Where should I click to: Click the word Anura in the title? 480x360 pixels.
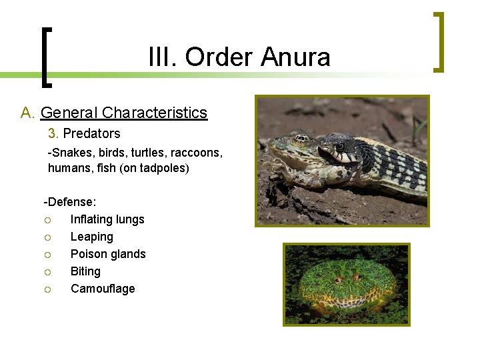point(295,57)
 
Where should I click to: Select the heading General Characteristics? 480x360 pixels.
point(124,113)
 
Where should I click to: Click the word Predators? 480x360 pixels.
point(91,133)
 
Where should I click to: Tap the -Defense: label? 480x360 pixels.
point(70,201)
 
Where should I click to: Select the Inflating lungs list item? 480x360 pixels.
point(107,219)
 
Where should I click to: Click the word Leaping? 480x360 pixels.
point(92,237)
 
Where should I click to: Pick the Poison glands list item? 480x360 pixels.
point(108,254)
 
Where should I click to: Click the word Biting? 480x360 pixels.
point(85,271)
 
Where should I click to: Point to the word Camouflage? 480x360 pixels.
point(103,289)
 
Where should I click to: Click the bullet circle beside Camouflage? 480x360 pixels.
point(48,289)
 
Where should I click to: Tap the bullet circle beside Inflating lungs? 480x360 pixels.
point(48,220)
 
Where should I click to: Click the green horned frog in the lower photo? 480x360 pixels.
point(345,285)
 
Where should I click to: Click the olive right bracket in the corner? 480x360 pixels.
point(438,41)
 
